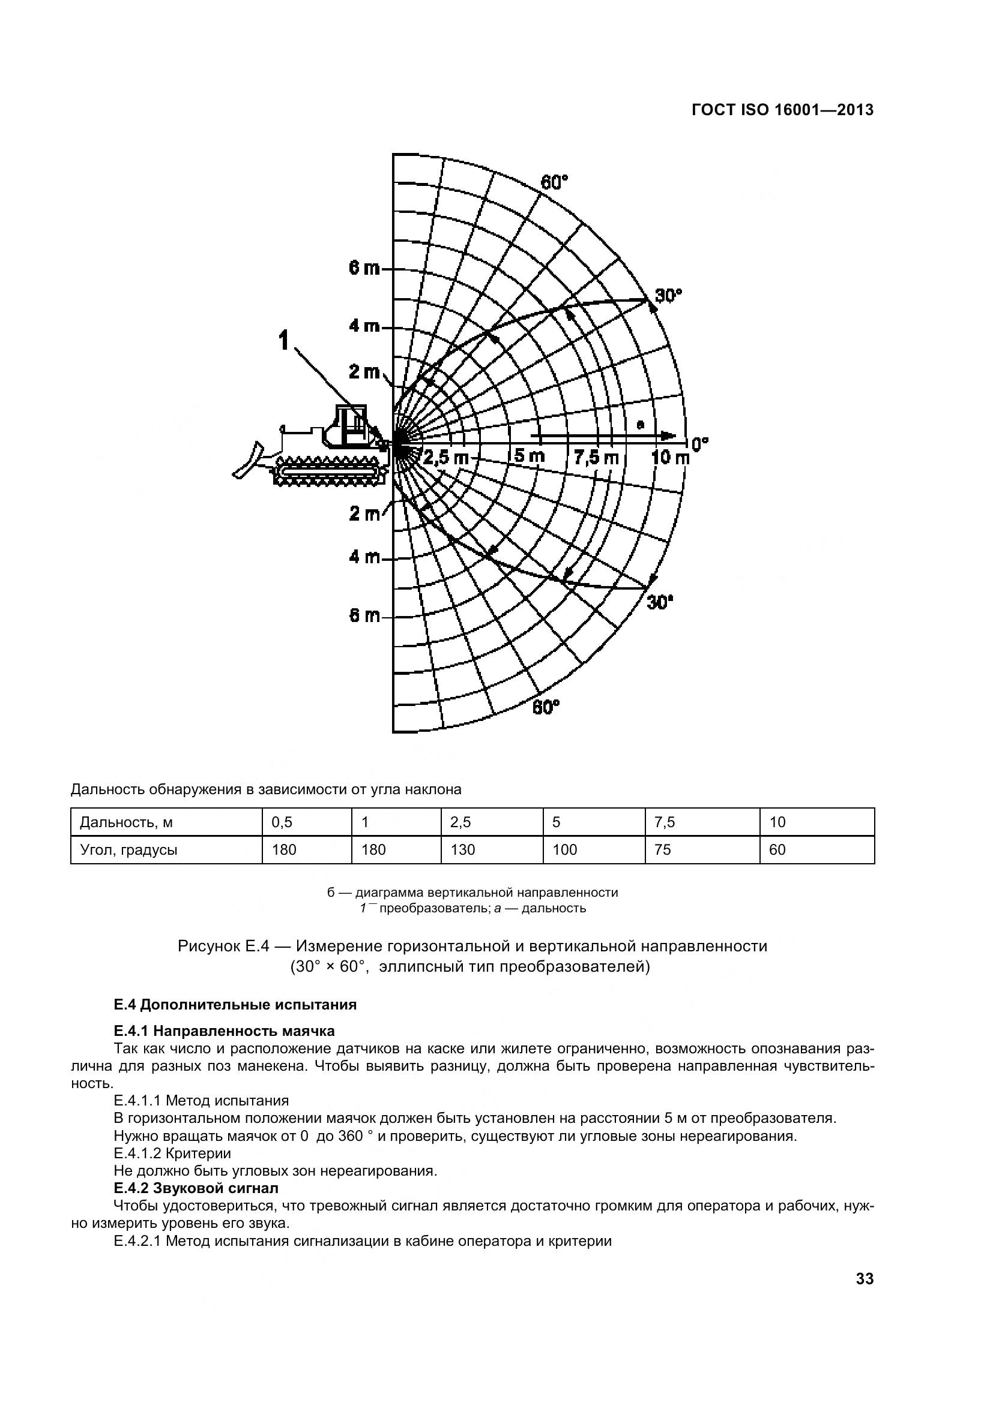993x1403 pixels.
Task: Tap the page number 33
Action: point(865,1278)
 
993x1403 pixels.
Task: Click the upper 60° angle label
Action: point(554,182)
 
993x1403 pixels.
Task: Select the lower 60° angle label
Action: point(545,707)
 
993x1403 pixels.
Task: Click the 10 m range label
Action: point(670,457)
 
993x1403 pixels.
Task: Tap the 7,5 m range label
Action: point(596,457)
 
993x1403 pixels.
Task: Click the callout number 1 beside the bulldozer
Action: point(284,340)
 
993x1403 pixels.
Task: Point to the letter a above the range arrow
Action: point(640,423)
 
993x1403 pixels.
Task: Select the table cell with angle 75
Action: point(662,849)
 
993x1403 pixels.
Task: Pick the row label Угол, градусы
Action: point(129,849)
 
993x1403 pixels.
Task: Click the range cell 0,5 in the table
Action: point(282,822)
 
